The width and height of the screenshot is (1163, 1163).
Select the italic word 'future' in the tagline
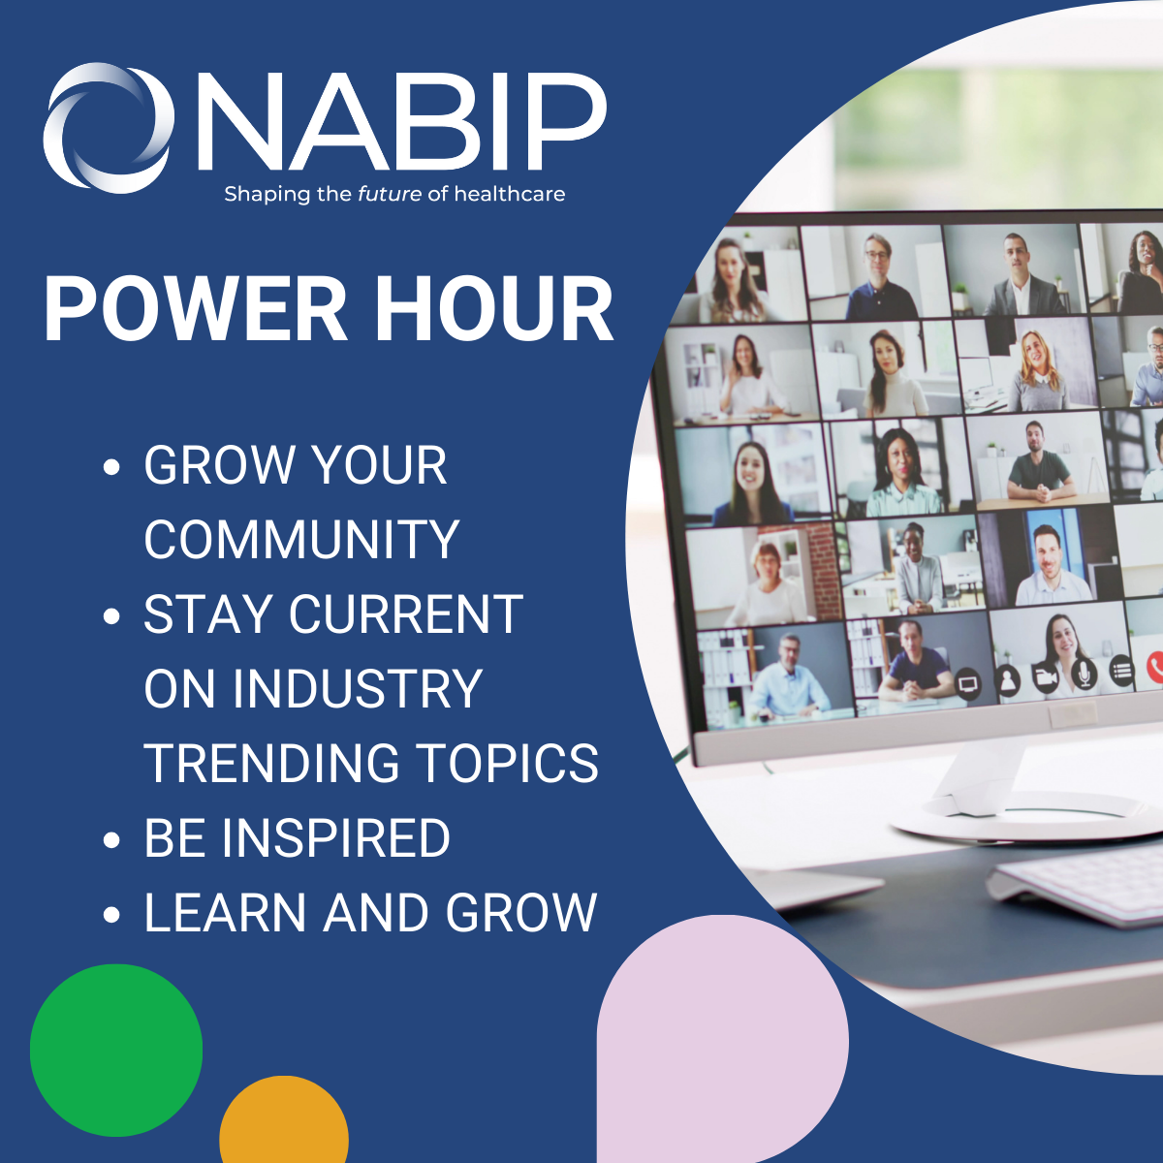tap(390, 194)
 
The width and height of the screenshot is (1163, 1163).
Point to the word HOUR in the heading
tap(494, 309)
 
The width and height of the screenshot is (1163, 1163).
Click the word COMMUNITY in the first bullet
tap(301, 540)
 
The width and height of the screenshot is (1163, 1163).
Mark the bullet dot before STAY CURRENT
tap(111, 616)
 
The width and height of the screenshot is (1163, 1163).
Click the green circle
tap(116, 1050)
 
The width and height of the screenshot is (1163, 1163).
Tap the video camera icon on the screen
tap(1046, 676)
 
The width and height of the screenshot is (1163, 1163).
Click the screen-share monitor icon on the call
tap(968, 684)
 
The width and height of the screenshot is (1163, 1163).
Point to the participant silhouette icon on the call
tap(1008, 680)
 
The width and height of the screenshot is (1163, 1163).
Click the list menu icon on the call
tap(1121, 669)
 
